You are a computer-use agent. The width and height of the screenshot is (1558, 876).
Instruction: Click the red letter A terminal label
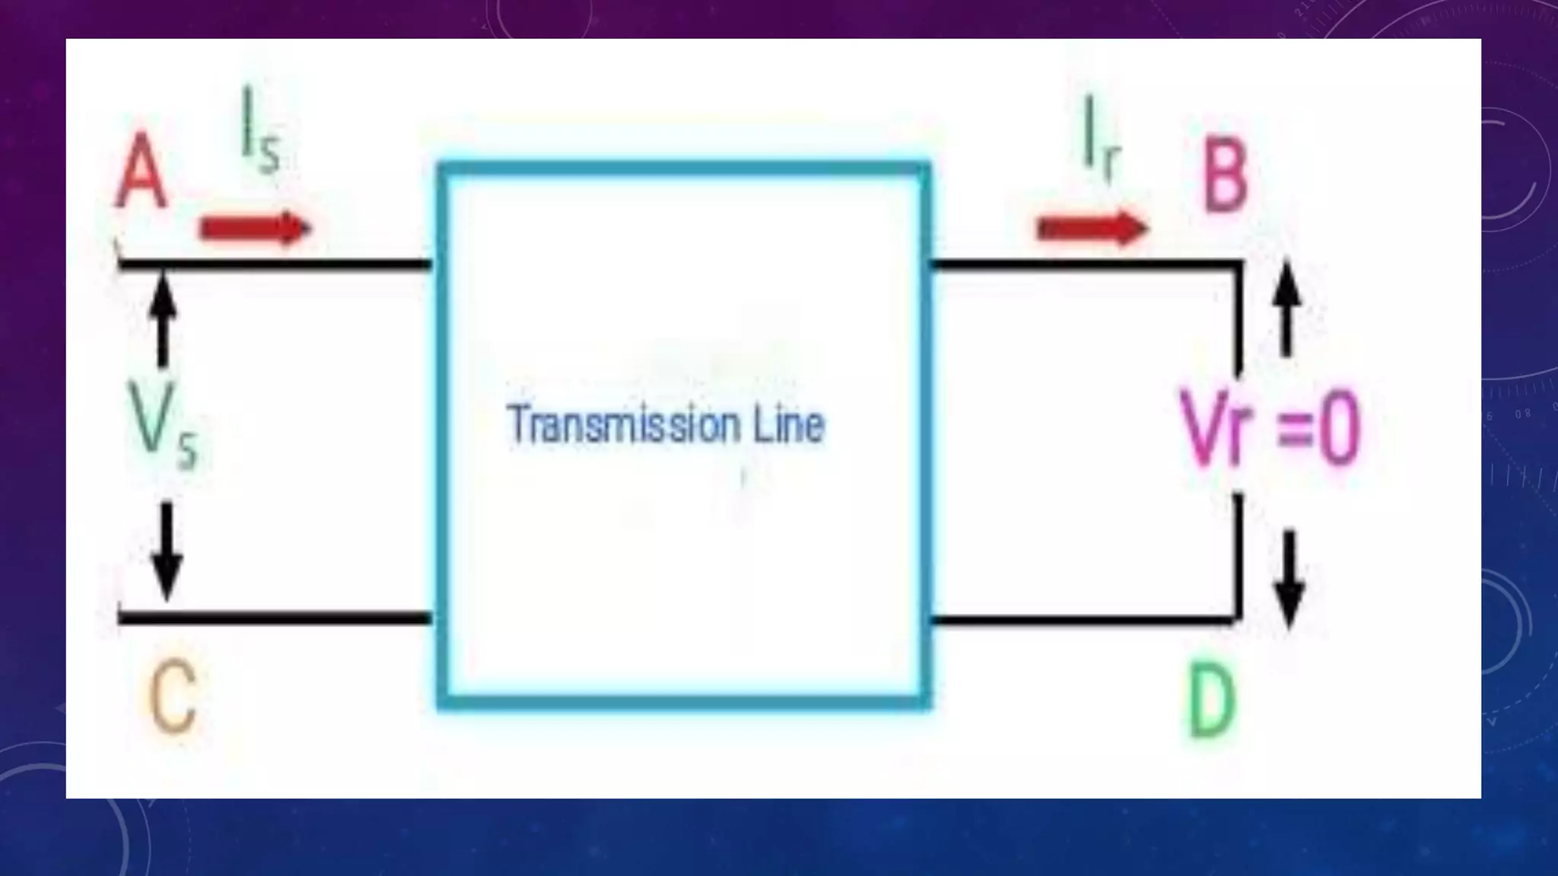(x=141, y=172)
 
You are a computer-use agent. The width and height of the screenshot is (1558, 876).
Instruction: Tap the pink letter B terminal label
(x=1225, y=176)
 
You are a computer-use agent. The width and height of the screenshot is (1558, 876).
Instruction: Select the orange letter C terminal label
(x=173, y=695)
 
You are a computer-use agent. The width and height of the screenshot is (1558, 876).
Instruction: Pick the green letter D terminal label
(x=1212, y=700)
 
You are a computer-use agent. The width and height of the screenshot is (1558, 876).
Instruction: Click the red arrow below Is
(x=256, y=227)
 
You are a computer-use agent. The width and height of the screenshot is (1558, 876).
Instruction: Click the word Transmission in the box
(x=624, y=424)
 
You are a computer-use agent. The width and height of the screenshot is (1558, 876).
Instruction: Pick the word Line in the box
(x=789, y=424)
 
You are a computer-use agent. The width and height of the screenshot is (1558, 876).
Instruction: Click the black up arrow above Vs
(x=163, y=319)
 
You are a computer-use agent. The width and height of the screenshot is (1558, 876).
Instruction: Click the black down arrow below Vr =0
(x=1289, y=579)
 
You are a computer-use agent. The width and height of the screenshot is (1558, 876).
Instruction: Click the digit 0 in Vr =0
(x=1338, y=429)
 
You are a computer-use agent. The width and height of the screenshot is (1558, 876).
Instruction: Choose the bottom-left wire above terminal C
(x=274, y=617)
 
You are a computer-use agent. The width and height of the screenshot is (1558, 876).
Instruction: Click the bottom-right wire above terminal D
(x=1080, y=620)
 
